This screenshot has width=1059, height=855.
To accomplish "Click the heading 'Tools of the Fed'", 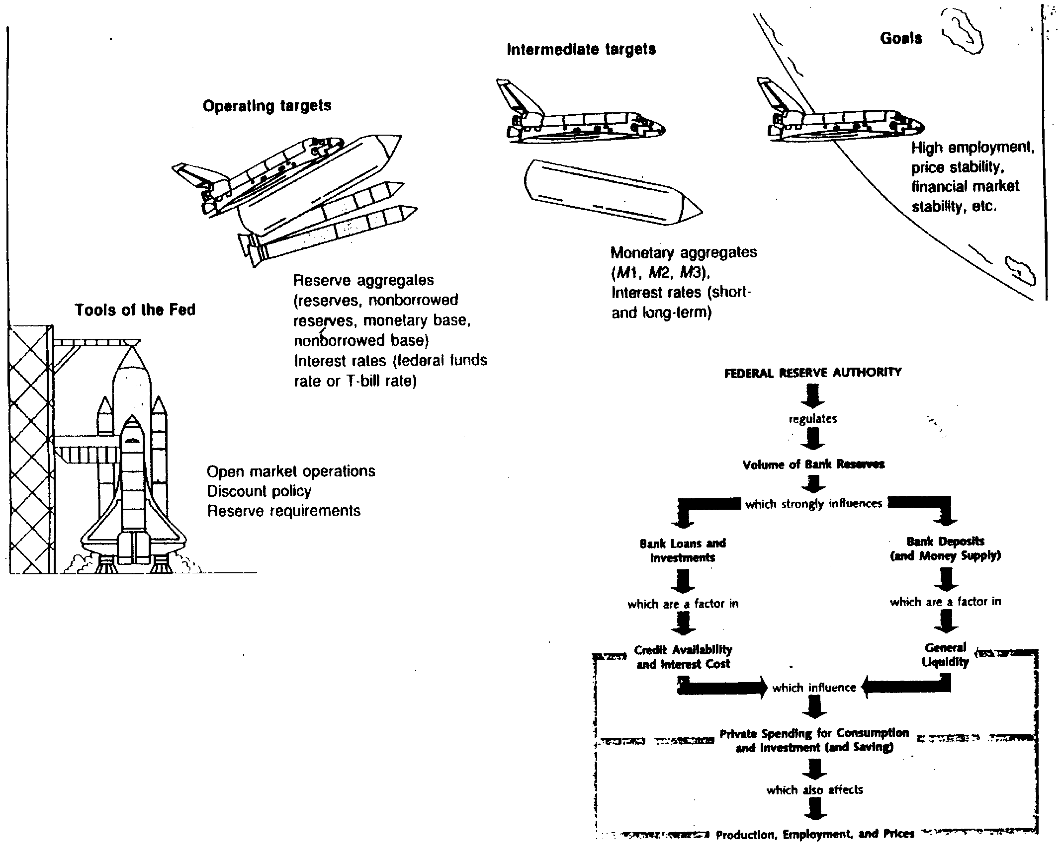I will coord(135,310).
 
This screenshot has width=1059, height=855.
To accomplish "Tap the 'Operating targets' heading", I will coord(267,106).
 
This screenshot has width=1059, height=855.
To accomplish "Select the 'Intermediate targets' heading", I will coord(581,49).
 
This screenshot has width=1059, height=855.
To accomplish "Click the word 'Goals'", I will coord(900,39).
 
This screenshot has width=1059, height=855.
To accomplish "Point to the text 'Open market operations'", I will coord(291,471).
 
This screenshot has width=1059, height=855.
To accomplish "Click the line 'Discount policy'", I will coord(259,491).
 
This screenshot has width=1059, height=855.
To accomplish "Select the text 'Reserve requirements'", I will coord(283,511).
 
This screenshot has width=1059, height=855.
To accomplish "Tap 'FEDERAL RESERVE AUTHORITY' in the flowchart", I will coord(812,373).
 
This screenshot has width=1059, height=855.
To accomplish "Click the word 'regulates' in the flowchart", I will coord(813,419).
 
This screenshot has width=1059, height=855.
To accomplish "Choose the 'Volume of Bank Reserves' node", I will coord(813,465).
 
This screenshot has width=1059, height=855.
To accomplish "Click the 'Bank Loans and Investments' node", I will coord(683,550).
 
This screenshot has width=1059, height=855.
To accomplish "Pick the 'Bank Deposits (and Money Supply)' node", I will coord(945,548).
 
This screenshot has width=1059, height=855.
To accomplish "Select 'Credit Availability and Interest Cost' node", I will coord(683,657).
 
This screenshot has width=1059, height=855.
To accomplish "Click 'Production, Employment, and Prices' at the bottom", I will coord(815,834).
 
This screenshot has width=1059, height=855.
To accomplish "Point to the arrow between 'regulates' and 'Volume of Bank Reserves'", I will coord(813,439).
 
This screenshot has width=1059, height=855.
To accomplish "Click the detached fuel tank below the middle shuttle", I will coord(613,194).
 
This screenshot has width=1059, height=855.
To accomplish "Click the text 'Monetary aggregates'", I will coord(684,252).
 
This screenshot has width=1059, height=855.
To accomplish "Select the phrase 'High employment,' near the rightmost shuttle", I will coord(972,148).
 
